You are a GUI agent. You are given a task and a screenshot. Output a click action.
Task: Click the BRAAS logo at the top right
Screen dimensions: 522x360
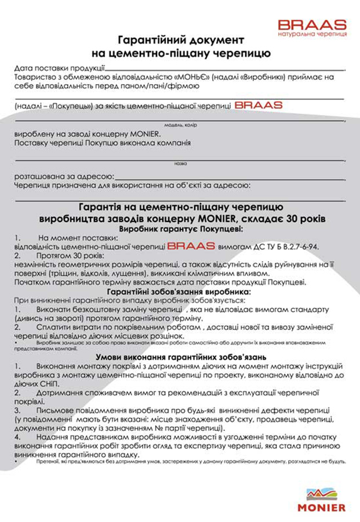coord(312,24)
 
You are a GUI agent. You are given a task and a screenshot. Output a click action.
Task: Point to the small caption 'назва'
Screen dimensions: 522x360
coord(180,164)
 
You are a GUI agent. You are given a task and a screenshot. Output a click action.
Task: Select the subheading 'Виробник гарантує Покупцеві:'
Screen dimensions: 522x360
coord(180,229)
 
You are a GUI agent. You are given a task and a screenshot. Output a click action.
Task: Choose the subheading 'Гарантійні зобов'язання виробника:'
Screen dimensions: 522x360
coord(180,291)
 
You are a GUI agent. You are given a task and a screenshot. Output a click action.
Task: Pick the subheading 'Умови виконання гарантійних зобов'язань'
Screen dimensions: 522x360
coord(180,358)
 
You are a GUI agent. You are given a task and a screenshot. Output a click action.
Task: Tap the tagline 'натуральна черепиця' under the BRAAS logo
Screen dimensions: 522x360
coord(312,35)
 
